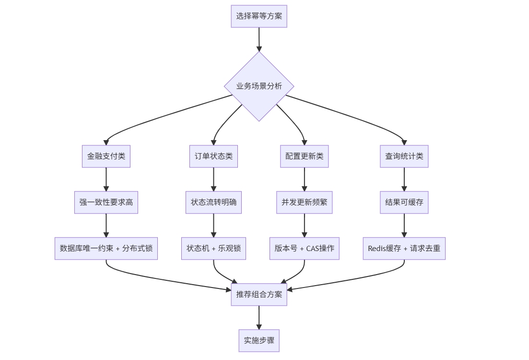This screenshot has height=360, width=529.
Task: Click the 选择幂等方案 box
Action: click(259, 16)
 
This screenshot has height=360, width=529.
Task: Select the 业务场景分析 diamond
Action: click(259, 86)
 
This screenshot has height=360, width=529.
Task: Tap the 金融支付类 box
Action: click(106, 156)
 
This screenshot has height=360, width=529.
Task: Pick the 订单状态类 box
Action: click(213, 156)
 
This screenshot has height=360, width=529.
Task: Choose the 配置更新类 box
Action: click(304, 156)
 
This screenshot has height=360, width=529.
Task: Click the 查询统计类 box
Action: click(404, 156)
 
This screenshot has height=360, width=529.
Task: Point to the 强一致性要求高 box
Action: click(106, 203)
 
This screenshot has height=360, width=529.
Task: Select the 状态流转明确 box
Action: click(213, 203)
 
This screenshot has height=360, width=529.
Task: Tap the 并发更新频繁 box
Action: click(304, 203)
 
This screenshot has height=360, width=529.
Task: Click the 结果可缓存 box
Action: click(404, 203)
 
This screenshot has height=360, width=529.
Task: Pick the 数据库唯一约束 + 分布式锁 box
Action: click(106, 249)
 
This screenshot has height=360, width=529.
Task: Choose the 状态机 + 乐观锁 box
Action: click(213, 249)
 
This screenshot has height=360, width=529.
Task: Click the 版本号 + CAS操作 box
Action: click(304, 249)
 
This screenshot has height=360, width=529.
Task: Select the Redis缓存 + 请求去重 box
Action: click(404, 249)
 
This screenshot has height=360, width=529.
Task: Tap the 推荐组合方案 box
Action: click(259, 295)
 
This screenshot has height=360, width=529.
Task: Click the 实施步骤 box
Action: click(259, 341)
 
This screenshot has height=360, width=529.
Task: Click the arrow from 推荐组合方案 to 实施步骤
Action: click(259, 318)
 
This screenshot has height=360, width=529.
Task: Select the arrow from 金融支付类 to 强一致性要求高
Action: click(106, 180)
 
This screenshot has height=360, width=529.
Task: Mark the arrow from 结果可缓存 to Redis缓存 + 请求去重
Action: click(404, 226)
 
